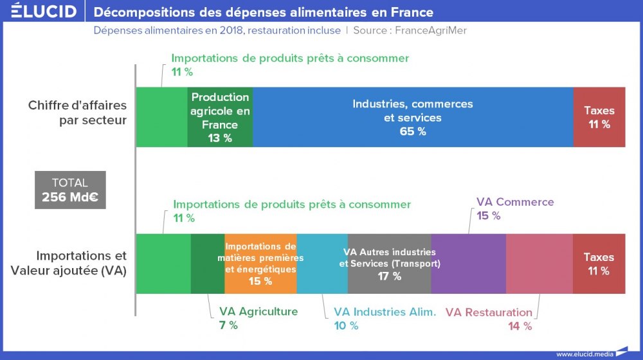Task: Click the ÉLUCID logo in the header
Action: (44, 12)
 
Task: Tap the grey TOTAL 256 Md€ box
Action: (69, 190)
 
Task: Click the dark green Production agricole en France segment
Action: (220, 117)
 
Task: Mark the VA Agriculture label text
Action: (258, 312)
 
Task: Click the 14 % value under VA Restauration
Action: (520, 326)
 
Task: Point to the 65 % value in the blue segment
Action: (412, 132)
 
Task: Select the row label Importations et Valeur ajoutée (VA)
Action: (69, 264)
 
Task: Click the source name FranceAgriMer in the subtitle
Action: (430, 30)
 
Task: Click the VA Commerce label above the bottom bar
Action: (515, 202)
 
